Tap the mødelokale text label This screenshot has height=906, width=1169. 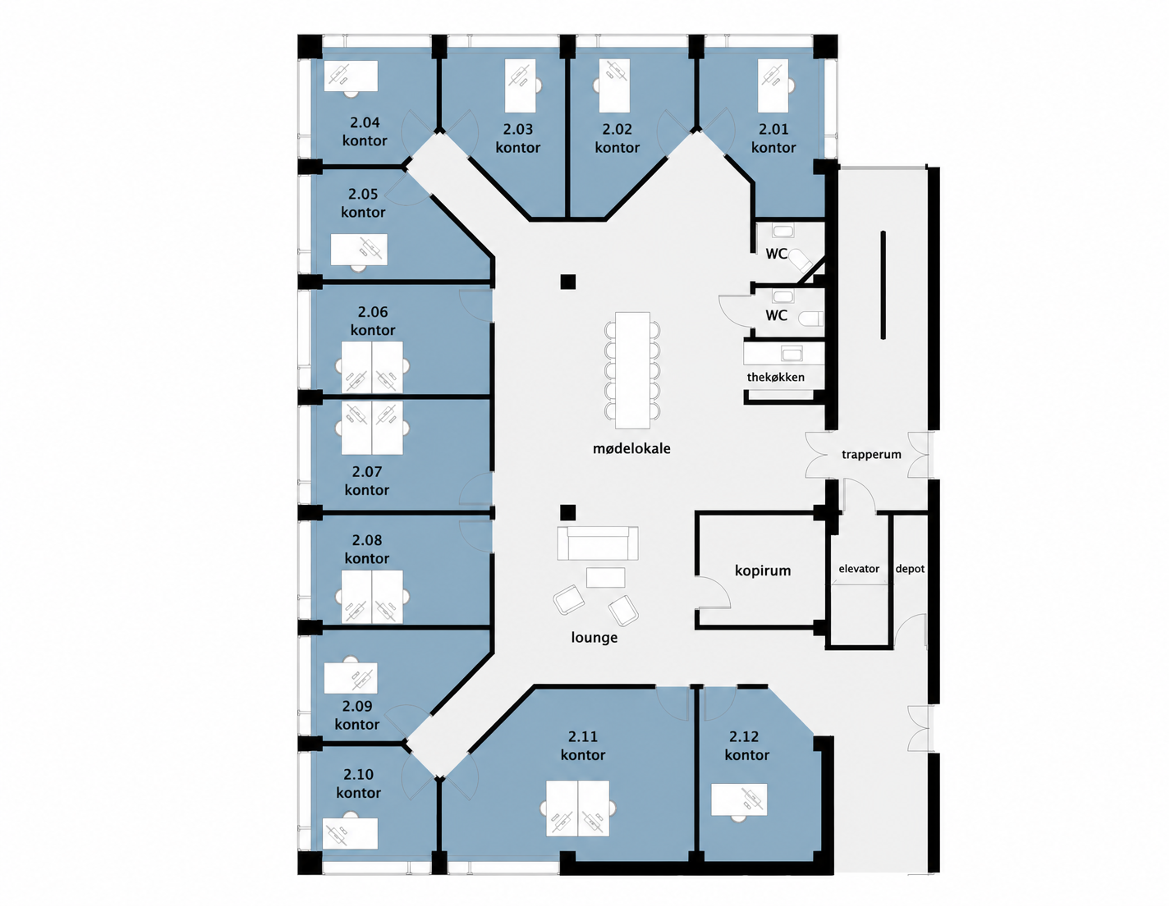(x=632, y=449)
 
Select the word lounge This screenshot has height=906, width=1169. (x=594, y=637)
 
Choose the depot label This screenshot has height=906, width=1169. (x=910, y=569)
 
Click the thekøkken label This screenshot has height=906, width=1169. (x=776, y=377)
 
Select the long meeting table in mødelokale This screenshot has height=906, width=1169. (x=632, y=370)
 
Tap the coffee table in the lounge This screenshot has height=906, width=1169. (x=606, y=577)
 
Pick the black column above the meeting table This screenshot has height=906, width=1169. (x=568, y=282)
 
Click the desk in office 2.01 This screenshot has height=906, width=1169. (x=773, y=86)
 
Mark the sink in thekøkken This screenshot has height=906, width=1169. (x=792, y=354)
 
